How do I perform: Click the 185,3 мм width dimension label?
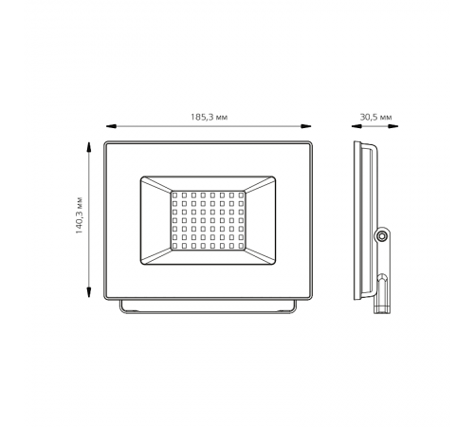coord(209,118)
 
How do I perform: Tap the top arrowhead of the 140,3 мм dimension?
coord(89,146)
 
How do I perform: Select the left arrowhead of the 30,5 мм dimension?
coord(352,126)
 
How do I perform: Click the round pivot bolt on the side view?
coord(381,234)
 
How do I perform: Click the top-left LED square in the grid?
coord(175,195)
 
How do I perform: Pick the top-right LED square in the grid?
coord(241,195)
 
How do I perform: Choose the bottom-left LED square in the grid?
coord(175,247)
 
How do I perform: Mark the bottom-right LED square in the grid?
coord(241,247)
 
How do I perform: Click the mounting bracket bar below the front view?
coord(208,307)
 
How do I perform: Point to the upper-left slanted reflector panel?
coord(155,186)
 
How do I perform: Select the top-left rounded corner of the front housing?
coord(107,145)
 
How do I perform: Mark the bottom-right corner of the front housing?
coord(309,297)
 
